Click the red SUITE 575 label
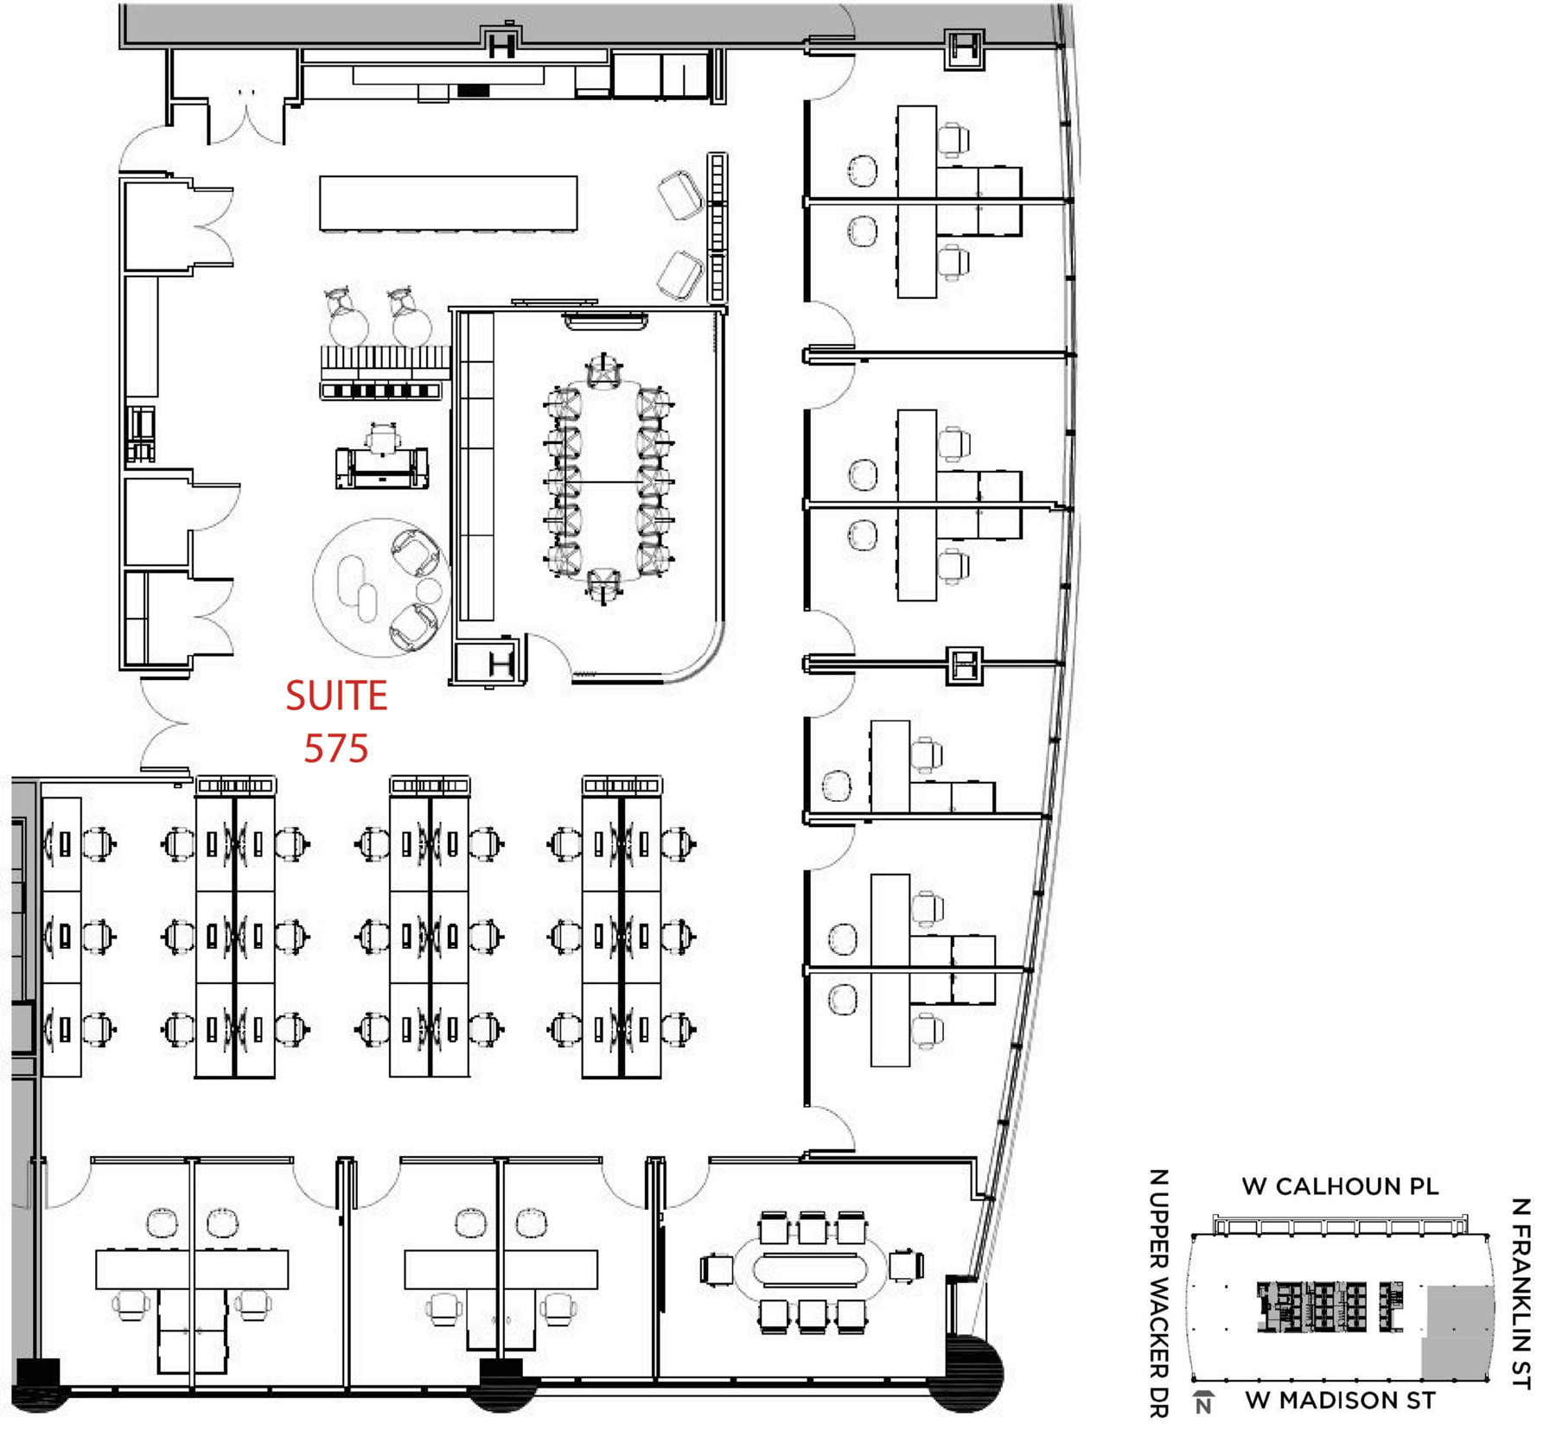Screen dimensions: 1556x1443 (x=336, y=721)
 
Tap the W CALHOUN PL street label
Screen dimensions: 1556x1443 (x=1340, y=1186)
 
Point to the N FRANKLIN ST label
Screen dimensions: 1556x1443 (x=1521, y=1294)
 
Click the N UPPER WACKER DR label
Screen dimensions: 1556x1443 (x=1158, y=1294)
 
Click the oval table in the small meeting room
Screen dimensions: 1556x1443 (x=810, y=1269)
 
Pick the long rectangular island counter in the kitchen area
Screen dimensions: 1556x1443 (x=448, y=203)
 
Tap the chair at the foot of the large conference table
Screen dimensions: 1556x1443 (x=603, y=585)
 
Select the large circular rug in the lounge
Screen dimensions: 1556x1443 (x=381, y=588)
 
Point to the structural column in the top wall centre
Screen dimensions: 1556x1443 (x=501, y=41)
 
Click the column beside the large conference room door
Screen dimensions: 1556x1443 (x=501, y=664)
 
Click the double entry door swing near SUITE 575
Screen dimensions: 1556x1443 (x=164, y=724)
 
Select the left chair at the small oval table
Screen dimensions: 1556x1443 (x=717, y=1269)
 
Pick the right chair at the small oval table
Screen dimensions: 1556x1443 (x=906, y=1267)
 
